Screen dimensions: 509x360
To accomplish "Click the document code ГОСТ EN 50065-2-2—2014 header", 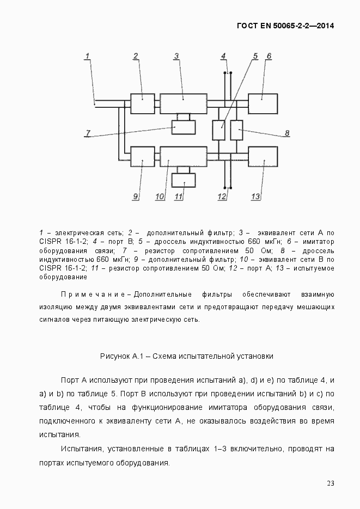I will (x=285, y=26).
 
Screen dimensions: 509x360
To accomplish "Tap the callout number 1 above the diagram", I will (x=87, y=56).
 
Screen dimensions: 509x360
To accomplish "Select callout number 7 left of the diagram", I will (x=87, y=133).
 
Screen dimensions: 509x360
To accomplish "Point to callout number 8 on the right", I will (x=287, y=133).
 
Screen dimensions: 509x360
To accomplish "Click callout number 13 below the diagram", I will (x=255, y=197).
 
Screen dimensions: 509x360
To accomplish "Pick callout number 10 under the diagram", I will (x=159, y=197).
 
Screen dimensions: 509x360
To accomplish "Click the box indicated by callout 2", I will (x=143, y=103).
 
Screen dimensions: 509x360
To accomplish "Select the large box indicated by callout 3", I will (x=183, y=103).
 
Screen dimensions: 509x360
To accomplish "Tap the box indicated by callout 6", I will (x=263, y=103).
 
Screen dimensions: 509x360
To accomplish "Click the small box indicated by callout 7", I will (x=184, y=127).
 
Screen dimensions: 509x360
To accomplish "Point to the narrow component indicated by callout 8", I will (x=236, y=131).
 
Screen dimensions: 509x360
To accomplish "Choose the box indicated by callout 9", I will (x=143, y=156).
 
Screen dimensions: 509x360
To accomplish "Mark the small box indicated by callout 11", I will (x=184, y=180).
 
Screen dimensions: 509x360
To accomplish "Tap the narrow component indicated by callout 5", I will (x=219, y=131).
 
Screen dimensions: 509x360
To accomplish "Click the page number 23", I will (x=330, y=483).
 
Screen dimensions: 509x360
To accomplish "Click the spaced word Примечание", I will (x=93, y=295).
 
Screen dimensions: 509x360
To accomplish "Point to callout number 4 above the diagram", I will (x=223, y=56).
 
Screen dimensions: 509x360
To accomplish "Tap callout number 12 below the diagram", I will (x=222, y=197).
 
